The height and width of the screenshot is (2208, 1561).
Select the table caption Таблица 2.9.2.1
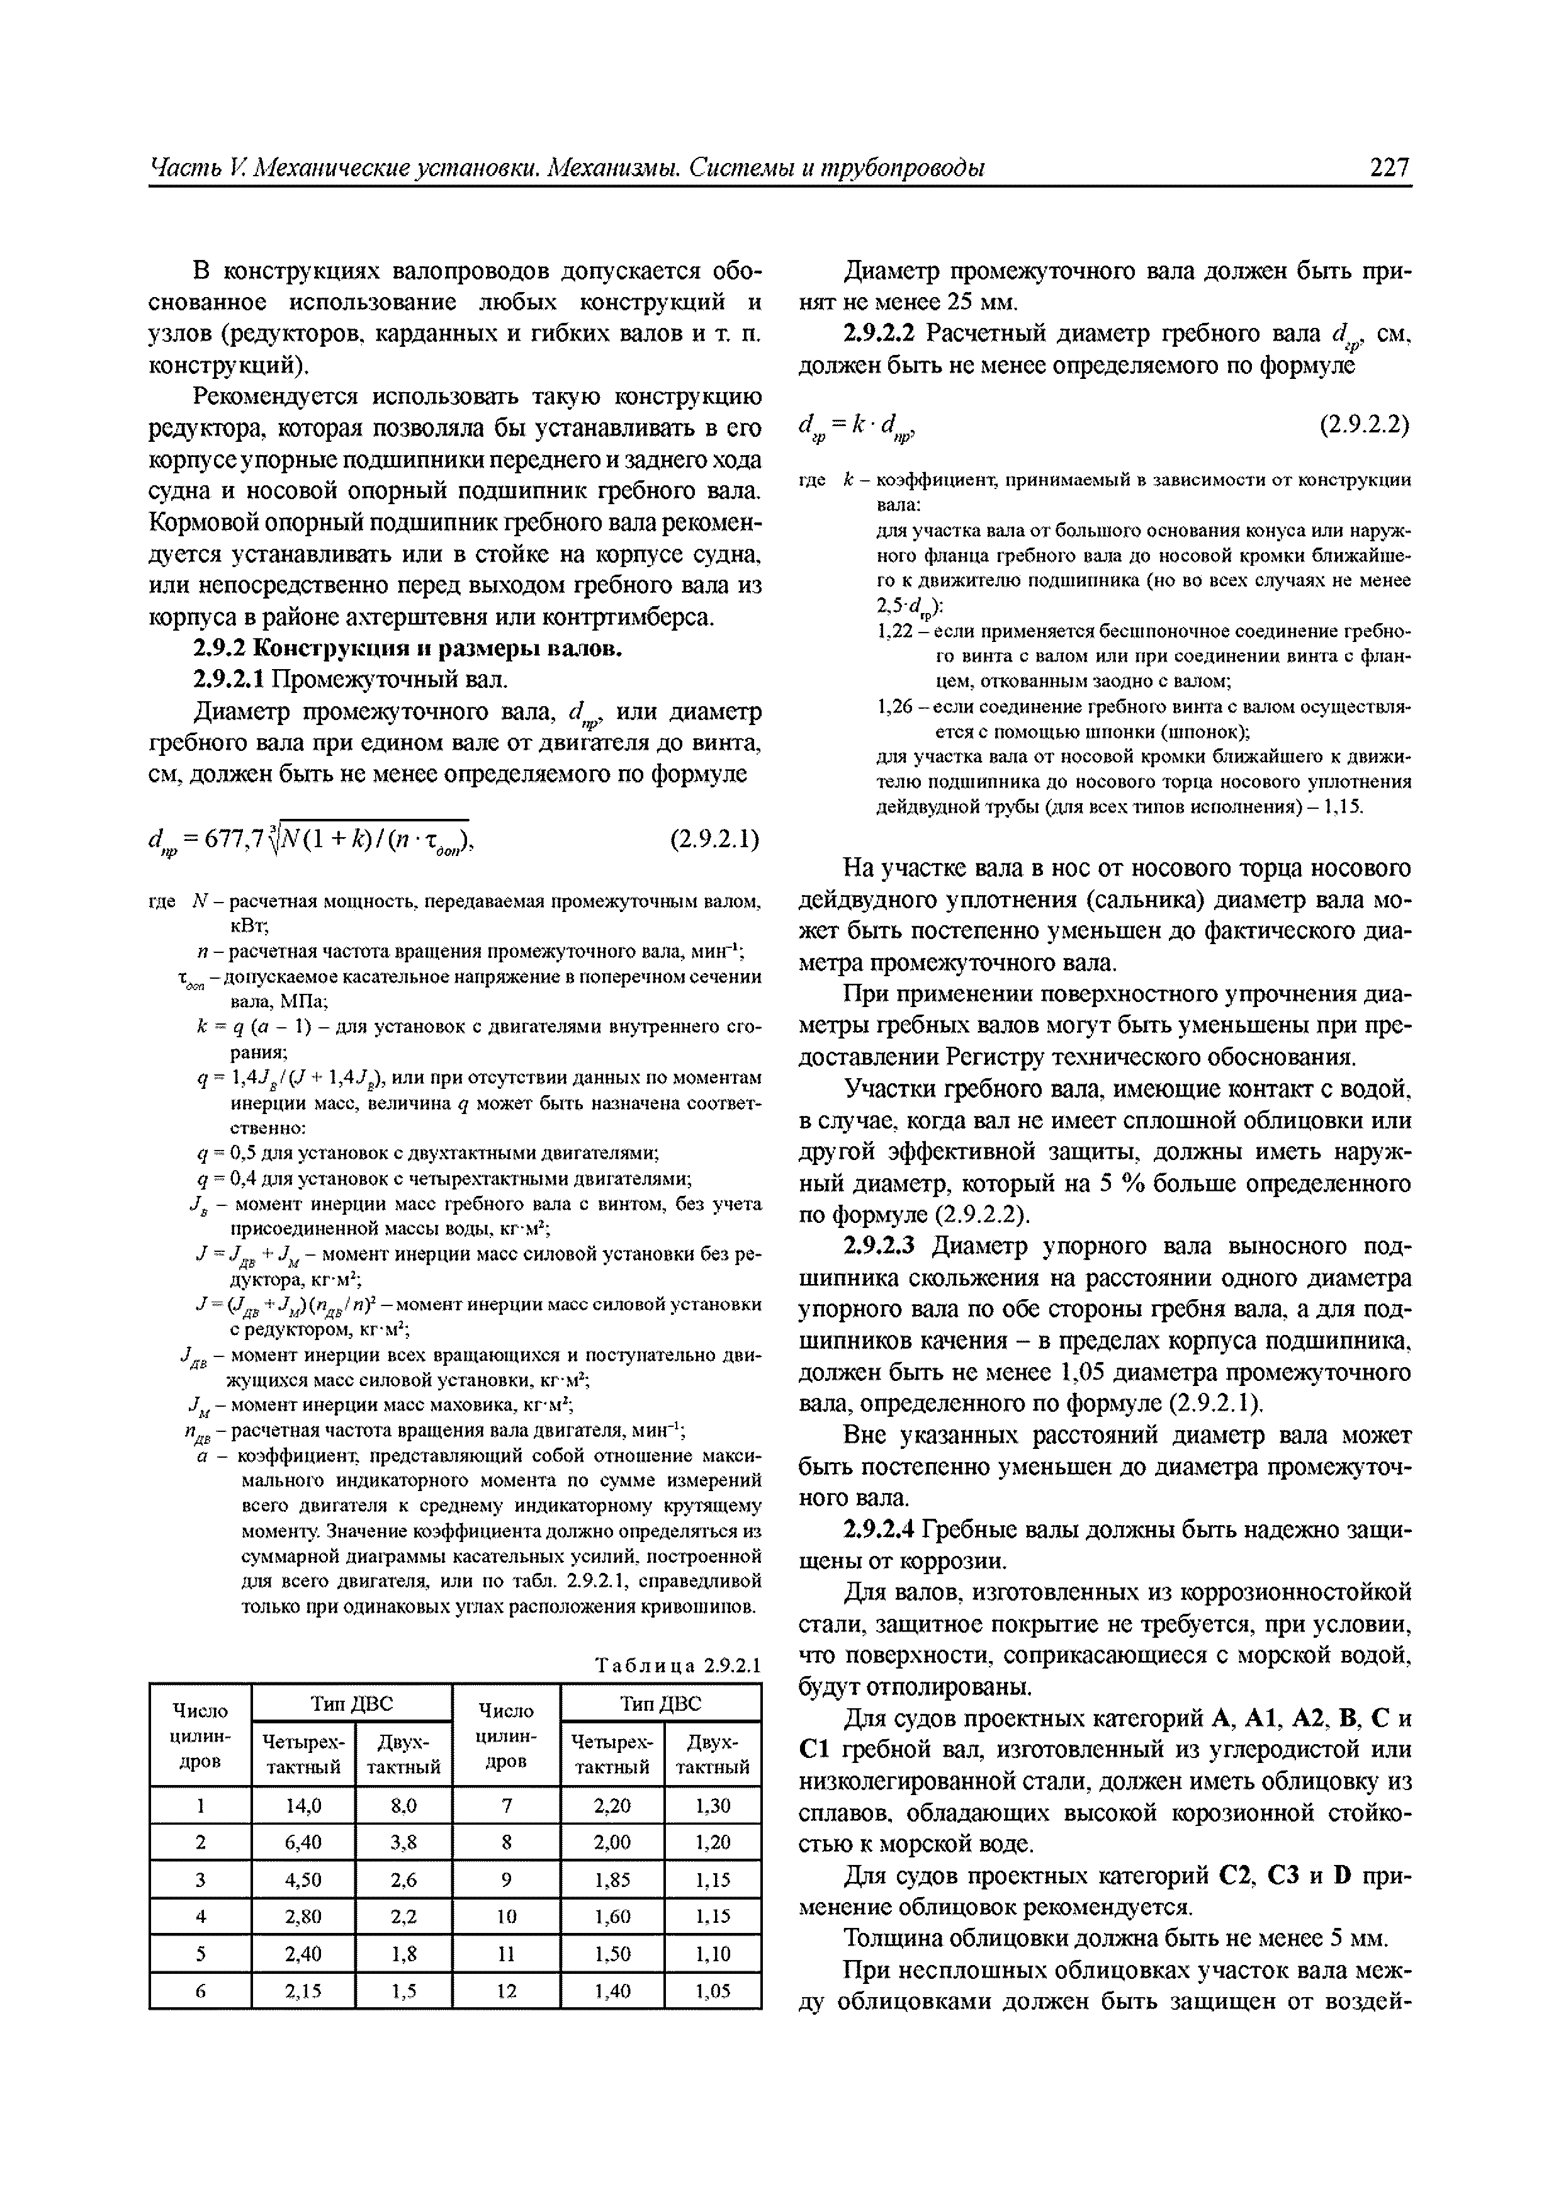click(678, 1665)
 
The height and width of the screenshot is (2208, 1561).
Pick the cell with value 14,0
click(303, 1806)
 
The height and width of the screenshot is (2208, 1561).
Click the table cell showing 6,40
click(303, 1842)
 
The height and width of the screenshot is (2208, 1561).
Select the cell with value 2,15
click(303, 1991)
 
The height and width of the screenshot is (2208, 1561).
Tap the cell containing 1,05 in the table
click(713, 1991)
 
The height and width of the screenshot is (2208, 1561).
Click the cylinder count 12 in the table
click(506, 1991)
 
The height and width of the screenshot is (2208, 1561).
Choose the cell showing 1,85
click(612, 1880)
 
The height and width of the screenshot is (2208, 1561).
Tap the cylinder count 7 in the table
click(506, 1806)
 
